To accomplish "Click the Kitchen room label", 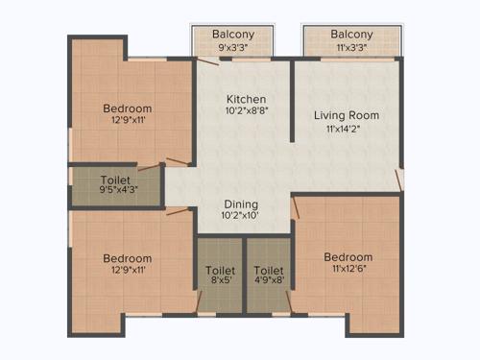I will (246, 99).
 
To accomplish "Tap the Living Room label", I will (347, 115).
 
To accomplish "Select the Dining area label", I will (241, 204).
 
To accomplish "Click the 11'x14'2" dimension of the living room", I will (347, 130).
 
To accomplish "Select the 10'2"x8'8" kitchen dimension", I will (246, 112).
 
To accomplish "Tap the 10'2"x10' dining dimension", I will (241, 217).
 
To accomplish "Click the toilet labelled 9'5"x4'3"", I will (116, 184).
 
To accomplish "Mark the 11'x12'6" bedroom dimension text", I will (348, 271).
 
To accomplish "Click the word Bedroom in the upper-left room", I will (128, 108).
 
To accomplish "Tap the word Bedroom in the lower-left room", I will (128, 258).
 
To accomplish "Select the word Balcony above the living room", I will (350, 34).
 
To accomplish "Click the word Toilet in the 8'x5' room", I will (221, 271).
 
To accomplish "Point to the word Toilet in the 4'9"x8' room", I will (269, 271).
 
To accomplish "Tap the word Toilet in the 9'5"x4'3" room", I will (116, 179).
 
